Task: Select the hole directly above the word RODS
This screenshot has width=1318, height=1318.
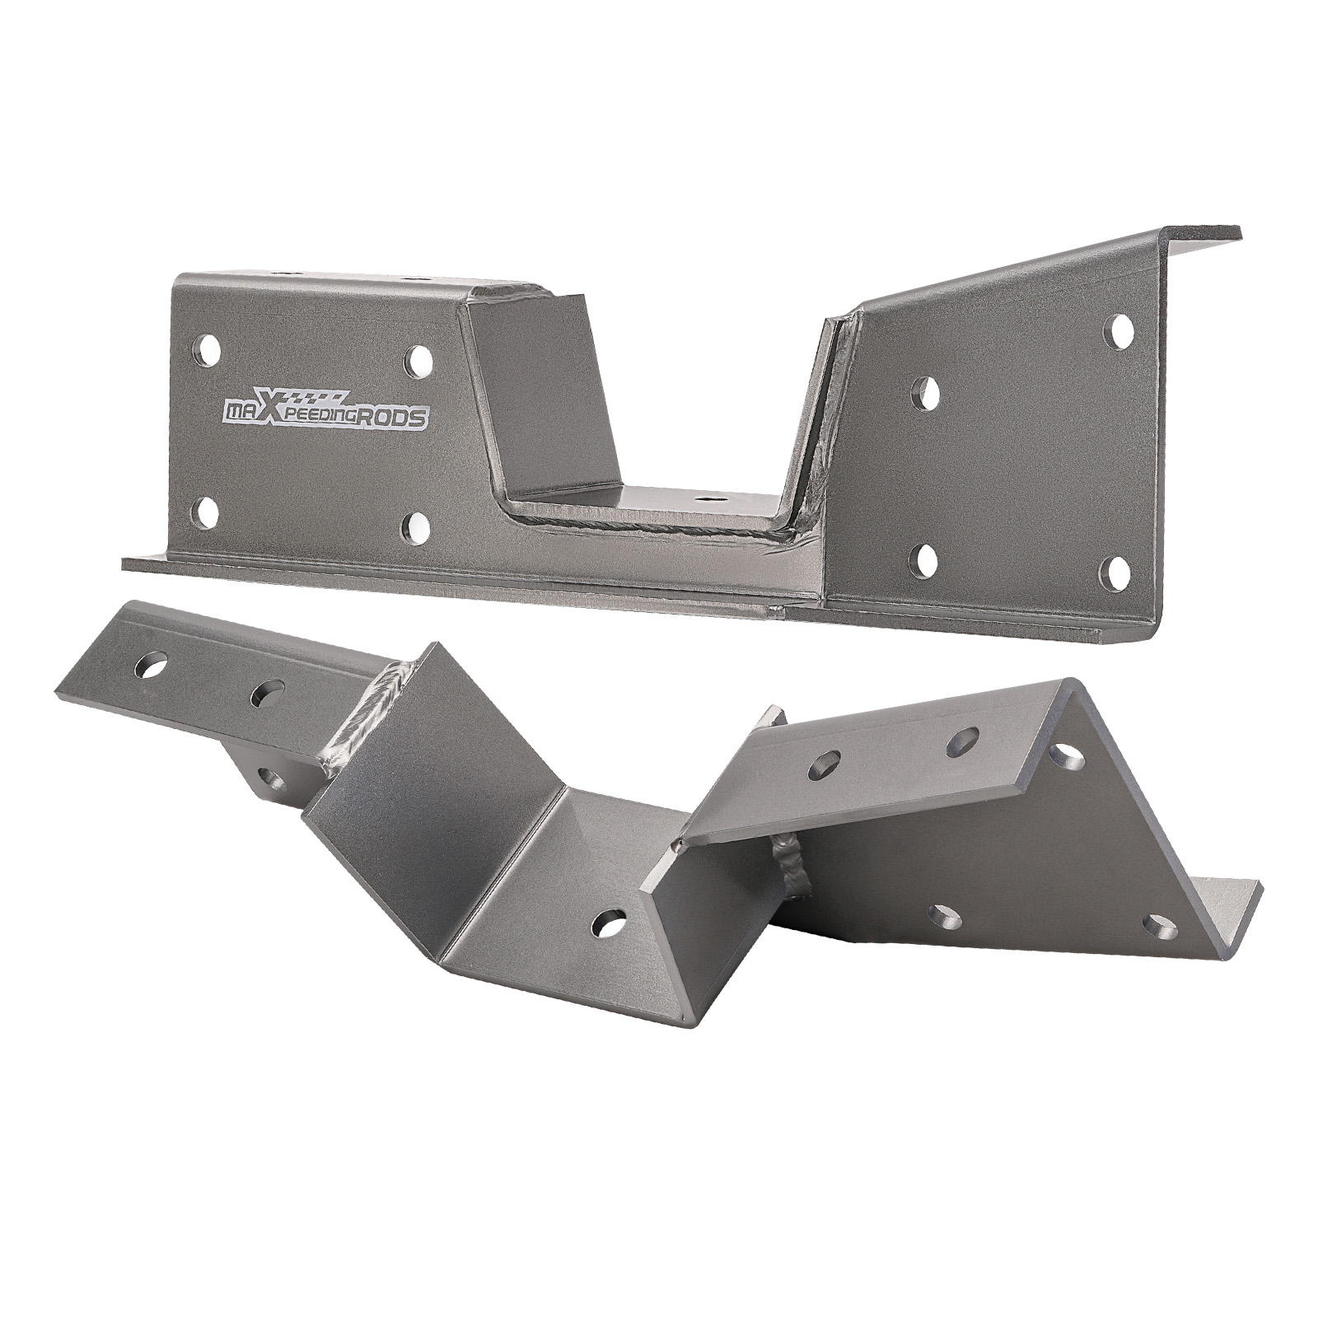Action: tap(418, 359)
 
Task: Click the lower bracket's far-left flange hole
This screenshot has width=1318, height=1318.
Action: tap(152, 666)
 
